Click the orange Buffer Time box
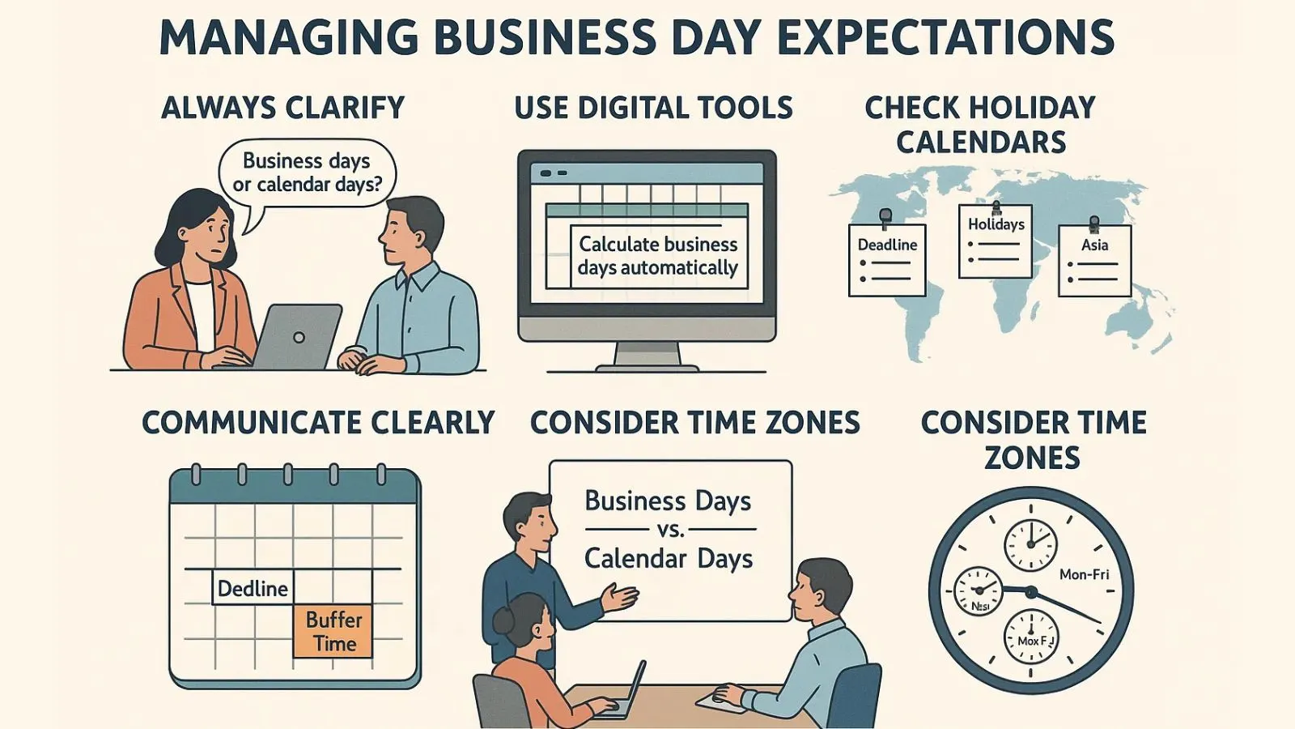coord(333,631)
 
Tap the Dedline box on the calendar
coord(253,588)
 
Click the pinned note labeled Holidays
coord(996,241)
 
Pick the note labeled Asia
coord(1094,260)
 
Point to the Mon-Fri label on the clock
coord(1084,574)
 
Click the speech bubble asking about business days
coord(307,173)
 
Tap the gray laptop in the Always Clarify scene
coord(297,336)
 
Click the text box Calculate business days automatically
coord(658,256)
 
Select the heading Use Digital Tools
coord(653,108)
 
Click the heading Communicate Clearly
coord(318,423)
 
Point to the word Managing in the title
coord(288,37)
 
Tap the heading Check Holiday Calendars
coord(980,125)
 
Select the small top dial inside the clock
coord(1030,544)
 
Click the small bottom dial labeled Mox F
coord(1031,637)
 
